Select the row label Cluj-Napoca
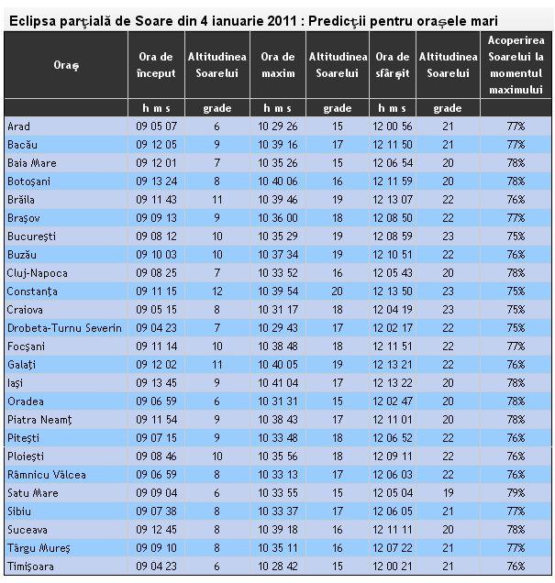pyautogui.click(x=38, y=272)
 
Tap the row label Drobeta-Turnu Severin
pyautogui.click(x=64, y=327)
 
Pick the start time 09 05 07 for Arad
pyautogui.click(x=156, y=126)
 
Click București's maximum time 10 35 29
pyautogui.click(x=279, y=236)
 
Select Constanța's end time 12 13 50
pyautogui.click(x=394, y=291)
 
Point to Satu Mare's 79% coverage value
pyautogui.click(x=516, y=492)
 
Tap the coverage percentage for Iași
pyautogui.click(x=516, y=382)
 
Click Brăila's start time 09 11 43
pyautogui.click(x=156, y=199)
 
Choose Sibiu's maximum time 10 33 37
pyautogui.click(x=279, y=511)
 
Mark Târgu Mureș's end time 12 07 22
pyautogui.click(x=394, y=547)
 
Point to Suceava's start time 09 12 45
pyautogui.click(x=156, y=529)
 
